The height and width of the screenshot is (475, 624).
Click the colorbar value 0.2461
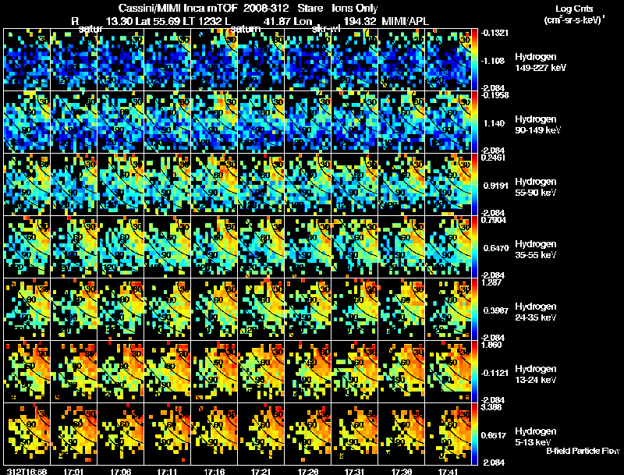click(495, 157)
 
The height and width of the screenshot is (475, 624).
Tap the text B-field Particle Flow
click(583, 451)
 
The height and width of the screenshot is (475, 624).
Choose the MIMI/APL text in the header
click(406, 19)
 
